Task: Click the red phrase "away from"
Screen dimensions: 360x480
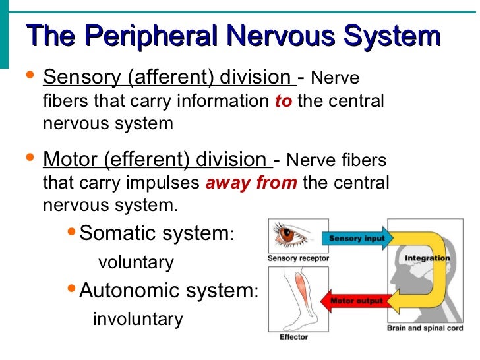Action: point(251,183)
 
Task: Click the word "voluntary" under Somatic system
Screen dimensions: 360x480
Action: point(136,262)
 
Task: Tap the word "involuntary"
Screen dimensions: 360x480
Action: point(138,319)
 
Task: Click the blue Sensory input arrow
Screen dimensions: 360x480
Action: point(356,238)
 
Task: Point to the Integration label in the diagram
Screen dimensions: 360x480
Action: point(427,258)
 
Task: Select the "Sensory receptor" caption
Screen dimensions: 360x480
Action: point(298,258)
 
